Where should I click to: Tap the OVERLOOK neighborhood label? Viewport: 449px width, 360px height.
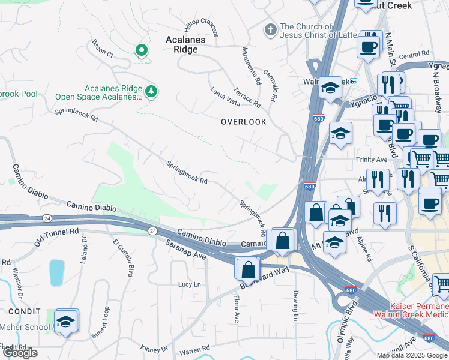coord(243,122)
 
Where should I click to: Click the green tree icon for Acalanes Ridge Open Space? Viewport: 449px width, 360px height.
coord(152,91)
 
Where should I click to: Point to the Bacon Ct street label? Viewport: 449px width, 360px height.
coord(103,49)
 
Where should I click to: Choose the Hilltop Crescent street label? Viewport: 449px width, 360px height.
coord(201,28)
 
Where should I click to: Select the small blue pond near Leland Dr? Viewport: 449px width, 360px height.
coord(57,272)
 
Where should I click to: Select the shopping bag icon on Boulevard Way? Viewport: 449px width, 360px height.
coord(248,270)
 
